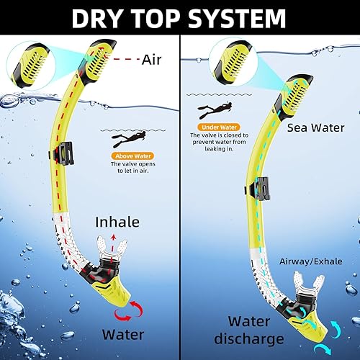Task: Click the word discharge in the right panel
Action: pos(260,338)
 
